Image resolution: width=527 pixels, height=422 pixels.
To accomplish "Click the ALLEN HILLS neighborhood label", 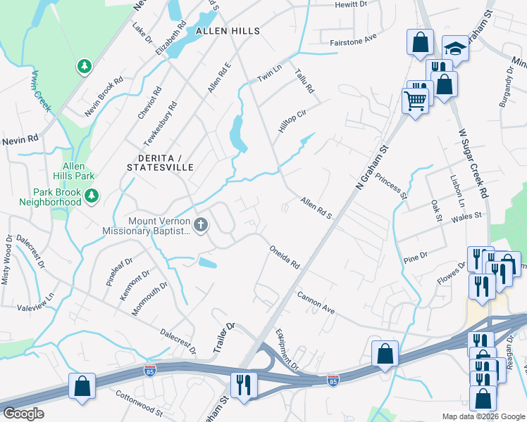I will (228, 31).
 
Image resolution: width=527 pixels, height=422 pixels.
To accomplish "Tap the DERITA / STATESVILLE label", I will (159, 162).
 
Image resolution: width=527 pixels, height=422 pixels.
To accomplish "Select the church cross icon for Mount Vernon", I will (201, 225).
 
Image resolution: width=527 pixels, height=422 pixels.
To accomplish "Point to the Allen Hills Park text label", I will (78, 170).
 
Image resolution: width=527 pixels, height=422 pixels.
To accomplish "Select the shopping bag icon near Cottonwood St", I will (82, 386).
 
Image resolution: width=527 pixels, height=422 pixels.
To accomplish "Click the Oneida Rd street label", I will (285, 257).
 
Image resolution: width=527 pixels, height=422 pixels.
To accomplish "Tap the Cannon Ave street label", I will (315, 303).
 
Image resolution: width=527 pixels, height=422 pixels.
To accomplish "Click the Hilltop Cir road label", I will (292, 122).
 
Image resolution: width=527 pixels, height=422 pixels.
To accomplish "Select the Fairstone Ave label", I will (354, 43).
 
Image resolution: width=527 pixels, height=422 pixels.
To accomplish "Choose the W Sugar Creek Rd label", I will (473, 162).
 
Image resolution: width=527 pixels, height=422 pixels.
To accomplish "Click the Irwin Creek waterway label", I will (40, 89).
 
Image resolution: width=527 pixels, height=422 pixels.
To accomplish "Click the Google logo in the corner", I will (23, 414).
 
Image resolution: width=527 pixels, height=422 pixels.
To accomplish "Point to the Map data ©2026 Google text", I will (483, 416).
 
